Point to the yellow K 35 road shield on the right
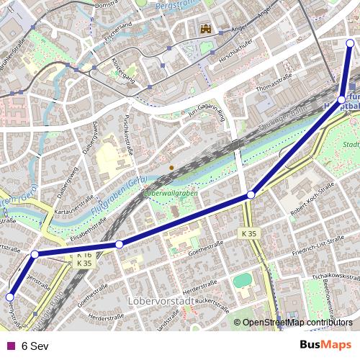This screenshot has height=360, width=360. click(248, 234)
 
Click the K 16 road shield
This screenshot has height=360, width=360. click(83, 256)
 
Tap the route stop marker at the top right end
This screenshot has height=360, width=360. click(351, 43)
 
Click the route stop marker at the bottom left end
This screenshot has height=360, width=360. click(10, 297)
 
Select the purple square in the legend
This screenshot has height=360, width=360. click(10, 345)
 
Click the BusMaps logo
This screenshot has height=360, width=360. click(325, 345)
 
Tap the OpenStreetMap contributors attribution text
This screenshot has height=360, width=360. click(297, 322)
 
